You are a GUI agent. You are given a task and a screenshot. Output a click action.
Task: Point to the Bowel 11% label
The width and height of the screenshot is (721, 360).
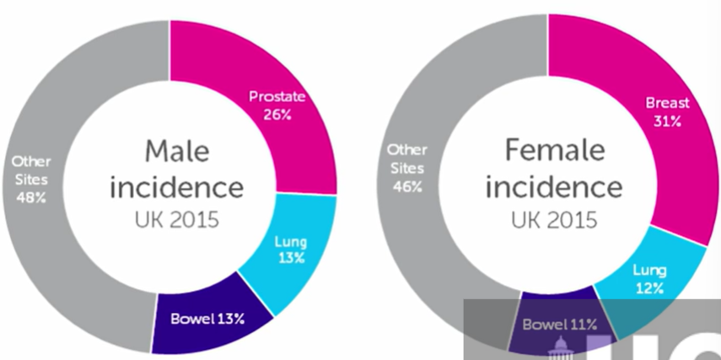[x=560, y=324]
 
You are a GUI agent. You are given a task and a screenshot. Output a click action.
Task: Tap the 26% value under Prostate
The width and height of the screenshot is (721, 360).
[x=276, y=114]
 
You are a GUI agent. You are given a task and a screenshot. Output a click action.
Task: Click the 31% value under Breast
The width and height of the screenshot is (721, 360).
[x=666, y=121]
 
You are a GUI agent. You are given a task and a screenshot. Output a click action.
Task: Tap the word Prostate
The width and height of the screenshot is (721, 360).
[x=277, y=98]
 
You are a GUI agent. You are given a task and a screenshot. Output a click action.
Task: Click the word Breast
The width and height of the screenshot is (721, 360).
[x=667, y=103]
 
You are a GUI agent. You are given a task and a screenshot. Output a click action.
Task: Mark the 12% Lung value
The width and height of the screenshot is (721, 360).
[x=650, y=287]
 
